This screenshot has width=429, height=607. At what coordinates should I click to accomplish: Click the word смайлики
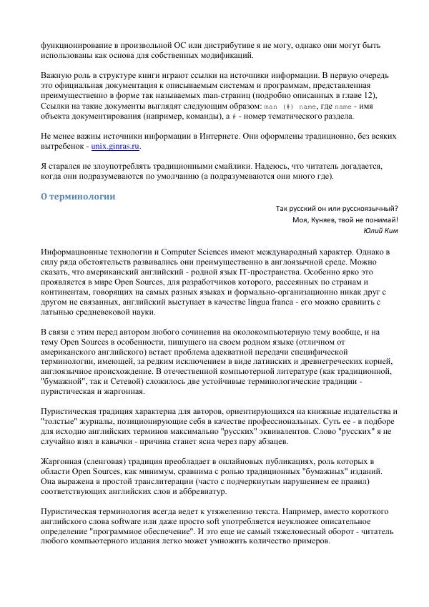(229, 165)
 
